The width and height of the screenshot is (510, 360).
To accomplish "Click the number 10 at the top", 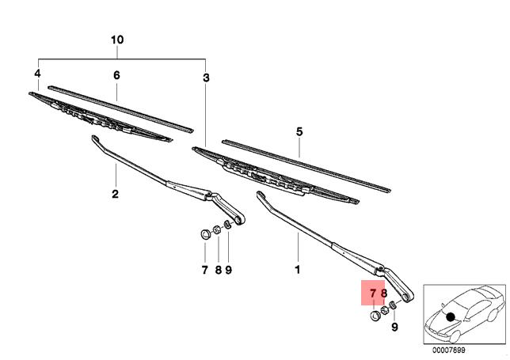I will [x=118, y=40].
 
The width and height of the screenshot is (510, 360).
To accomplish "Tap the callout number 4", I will [x=36, y=74].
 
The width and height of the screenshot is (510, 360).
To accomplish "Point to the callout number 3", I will [x=206, y=78].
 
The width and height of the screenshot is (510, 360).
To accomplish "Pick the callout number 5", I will [x=299, y=131].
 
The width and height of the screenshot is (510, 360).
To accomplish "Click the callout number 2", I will [x=114, y=194].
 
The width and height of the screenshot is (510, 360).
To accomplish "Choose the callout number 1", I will [x=299, y=270].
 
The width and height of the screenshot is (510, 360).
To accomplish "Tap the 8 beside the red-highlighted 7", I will [x=384, y=294].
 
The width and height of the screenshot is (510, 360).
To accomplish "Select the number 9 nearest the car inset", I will [x=394, y=326].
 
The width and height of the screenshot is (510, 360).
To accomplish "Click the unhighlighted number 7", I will [x=204, y=270].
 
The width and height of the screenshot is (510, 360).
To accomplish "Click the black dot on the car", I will [x=451, y=316].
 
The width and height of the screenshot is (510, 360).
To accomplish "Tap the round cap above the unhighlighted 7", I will [x=204, y=233].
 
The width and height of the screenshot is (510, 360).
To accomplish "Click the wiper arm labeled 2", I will [x=158, y=178].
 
